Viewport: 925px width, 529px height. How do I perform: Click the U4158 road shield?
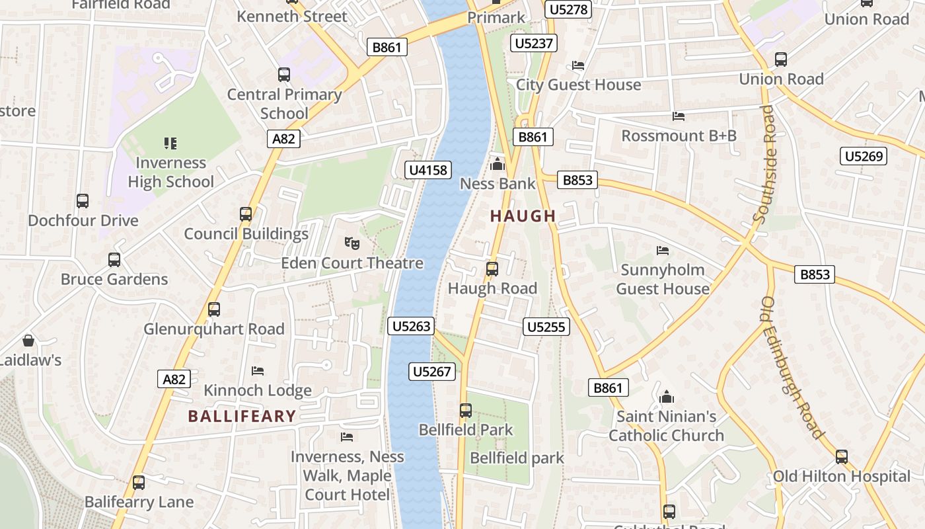point(428,170)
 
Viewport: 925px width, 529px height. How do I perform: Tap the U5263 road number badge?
point(412,326)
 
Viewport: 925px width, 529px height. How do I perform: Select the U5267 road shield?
point(432,372)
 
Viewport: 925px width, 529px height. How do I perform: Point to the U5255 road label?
point(546,327)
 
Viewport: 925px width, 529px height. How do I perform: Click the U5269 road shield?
point(864,157)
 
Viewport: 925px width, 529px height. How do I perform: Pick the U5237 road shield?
point(534,44)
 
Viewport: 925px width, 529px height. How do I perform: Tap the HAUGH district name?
point(523,216)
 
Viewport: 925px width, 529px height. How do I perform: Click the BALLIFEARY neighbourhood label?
point(242,416)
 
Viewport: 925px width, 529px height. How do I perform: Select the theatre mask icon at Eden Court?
point(352,243)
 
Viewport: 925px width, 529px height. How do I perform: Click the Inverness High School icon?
point(170,143)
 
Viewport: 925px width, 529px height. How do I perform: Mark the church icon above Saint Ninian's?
point(667,397)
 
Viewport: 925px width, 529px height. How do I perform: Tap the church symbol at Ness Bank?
point(498,163)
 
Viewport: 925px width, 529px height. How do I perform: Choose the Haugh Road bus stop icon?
point(492,269)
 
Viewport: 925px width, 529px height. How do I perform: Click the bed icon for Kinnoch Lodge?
point(258,371)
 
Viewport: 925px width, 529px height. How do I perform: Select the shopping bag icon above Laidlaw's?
point(28,341)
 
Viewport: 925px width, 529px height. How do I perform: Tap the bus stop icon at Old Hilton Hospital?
point(842,457)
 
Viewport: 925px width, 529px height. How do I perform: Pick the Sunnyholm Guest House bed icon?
point(663,251)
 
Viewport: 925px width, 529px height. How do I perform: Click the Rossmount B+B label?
point(679,136)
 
